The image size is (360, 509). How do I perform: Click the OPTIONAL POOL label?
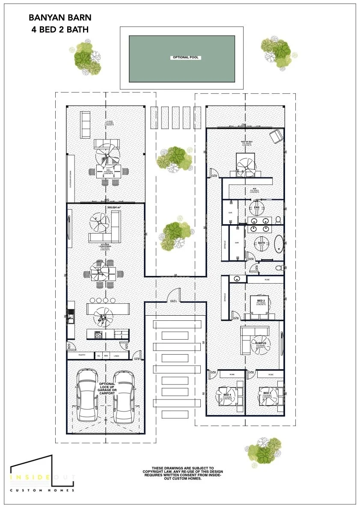[186, 57]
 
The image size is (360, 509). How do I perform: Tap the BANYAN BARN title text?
[60, 18]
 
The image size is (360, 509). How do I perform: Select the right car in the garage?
[125, 396]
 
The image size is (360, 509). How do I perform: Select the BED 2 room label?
[261, 301]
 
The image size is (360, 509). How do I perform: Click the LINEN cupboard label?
[117, 355]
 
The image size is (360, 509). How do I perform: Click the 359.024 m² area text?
[114, 208]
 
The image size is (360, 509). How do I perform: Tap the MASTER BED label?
[246, 141]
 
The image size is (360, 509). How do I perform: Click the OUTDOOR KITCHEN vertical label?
[71, 179]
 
